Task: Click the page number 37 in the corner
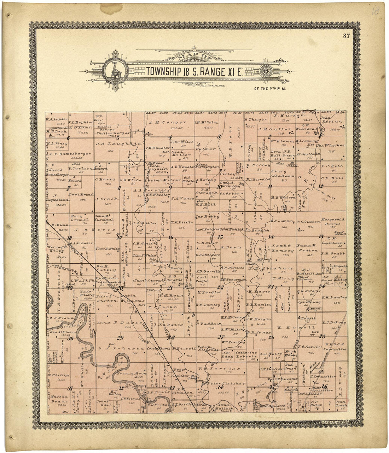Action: point(346,35)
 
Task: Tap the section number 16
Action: point(170,237)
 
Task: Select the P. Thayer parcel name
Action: point(256,119)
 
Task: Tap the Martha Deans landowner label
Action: point(58,398)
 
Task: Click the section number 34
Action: point(218,388)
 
